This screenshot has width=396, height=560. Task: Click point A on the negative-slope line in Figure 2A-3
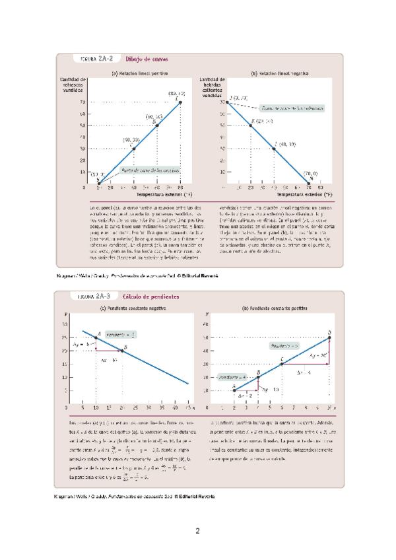pos(96,337)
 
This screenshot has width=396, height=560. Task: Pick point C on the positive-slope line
pos(282,364)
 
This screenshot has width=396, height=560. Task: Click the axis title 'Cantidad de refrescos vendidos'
pos(73,85)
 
